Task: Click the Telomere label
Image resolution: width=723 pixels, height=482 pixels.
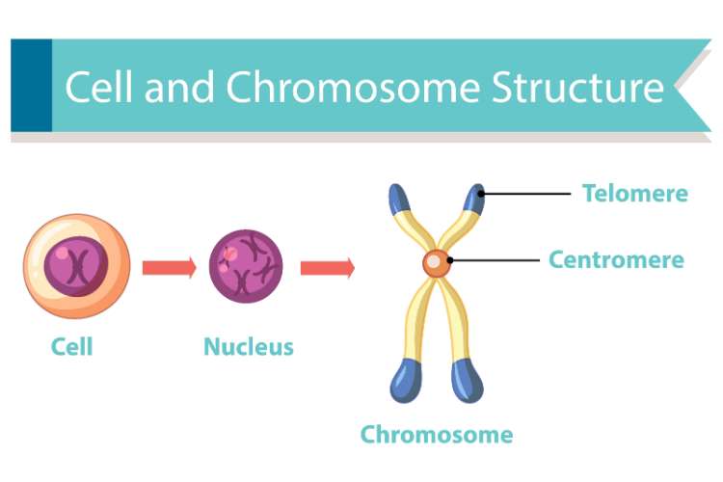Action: pyautogui.click(x=634, y=193)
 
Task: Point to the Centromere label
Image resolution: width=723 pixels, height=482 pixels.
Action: pyautogui.click(x=616, y=259)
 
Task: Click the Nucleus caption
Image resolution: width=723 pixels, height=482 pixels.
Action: pyautogui.click(x=248, y=346)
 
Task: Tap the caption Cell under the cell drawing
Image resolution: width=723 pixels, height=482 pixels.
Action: pyautogui.click(x=72, y=346)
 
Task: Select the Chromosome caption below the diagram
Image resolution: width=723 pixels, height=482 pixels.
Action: pyautogui.click(x=436, y=434)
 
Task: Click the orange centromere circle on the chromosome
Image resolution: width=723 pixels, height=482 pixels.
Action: pyautogui.click(x=436, y=262)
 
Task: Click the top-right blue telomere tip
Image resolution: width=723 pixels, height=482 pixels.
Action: pyautogui.click(x=474, y=198)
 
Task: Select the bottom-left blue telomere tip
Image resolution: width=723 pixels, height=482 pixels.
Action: pyautogui.click(x=405, y=382)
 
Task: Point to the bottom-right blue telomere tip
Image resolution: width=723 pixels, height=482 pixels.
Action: pyautogui.click(x=467, y=382)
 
